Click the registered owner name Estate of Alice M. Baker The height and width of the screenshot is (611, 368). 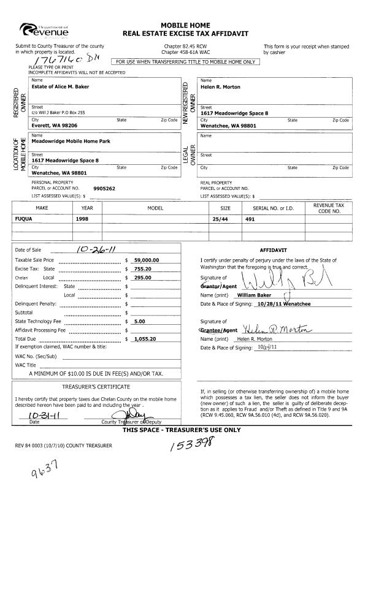pos(61,87)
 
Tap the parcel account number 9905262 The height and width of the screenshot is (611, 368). pos(104,189)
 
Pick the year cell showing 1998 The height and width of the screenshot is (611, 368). pos(83,218)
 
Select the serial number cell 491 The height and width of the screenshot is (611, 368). pos(250,218)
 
